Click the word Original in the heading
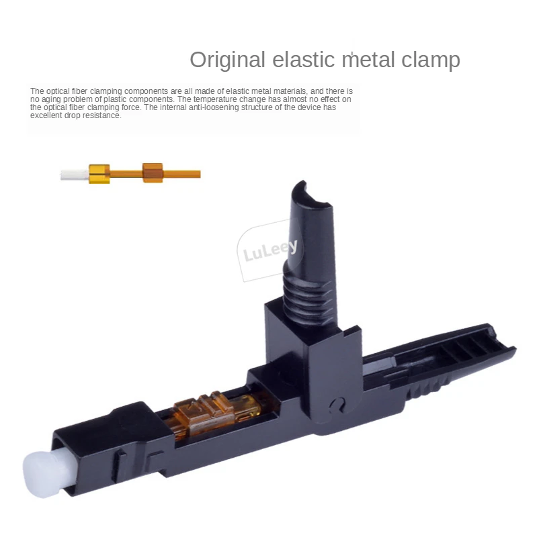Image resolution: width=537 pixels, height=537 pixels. click(228, 60)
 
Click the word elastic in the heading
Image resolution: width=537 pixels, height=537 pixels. click(304, 60)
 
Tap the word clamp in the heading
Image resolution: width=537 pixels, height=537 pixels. click(430, 60)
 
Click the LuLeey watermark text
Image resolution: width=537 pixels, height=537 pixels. click(270, 249)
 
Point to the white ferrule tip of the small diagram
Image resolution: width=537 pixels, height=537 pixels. click(75, 175)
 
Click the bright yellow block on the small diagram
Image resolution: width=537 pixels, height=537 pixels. click(99, 174)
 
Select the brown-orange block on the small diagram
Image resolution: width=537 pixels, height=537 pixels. click(153, 173)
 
